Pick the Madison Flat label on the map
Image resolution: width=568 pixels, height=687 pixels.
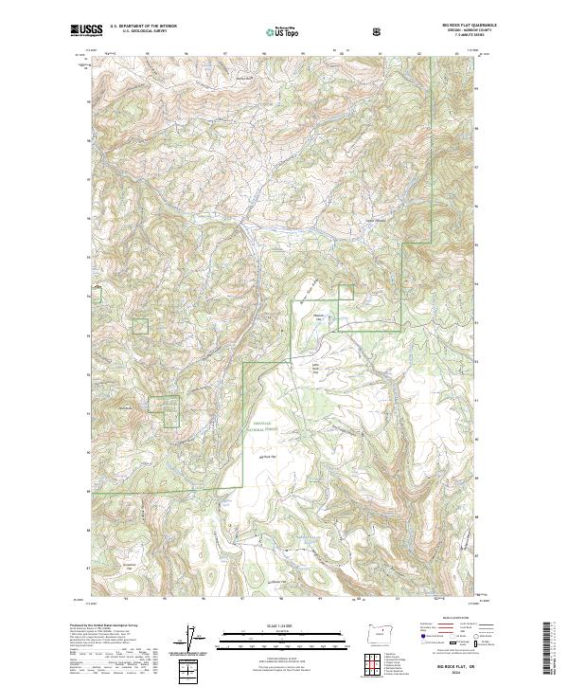[318, 316]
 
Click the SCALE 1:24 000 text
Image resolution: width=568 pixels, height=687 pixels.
[283, 624]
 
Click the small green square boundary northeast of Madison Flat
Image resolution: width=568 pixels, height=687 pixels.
[346, 293]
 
